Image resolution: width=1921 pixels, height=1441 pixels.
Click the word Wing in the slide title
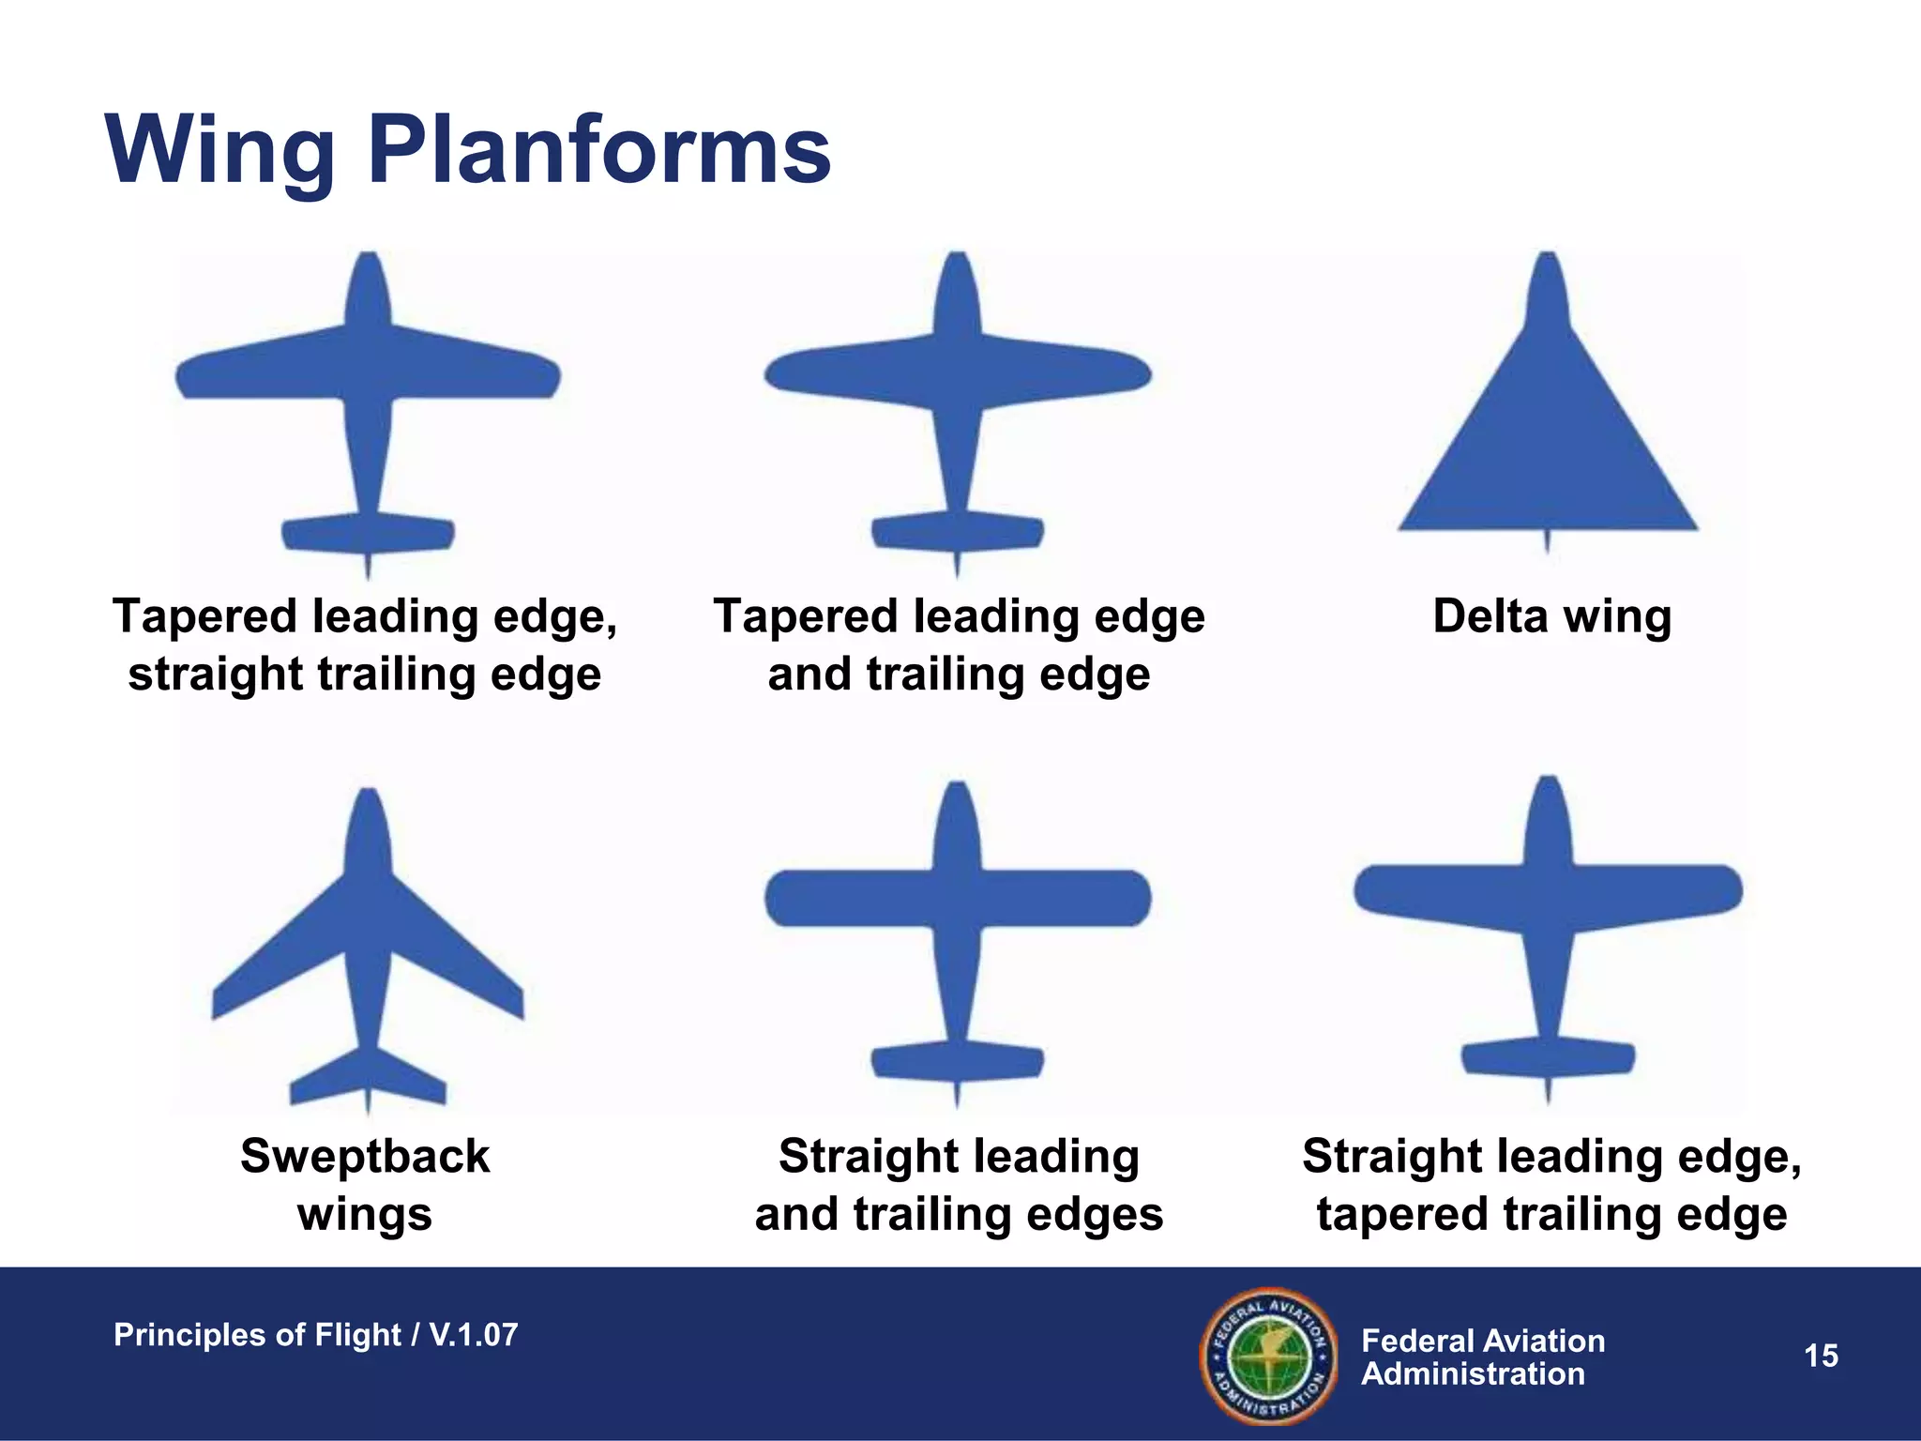coord(220,150)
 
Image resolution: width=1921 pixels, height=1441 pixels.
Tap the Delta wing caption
coord(1551,616)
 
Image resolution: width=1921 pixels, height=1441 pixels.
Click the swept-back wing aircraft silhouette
coord(368,948)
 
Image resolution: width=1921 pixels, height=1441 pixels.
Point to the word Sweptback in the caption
coord(365,1156)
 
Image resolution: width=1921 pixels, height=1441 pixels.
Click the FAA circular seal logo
coord(1267,1356)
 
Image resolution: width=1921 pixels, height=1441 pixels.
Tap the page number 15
coord(1821,1356)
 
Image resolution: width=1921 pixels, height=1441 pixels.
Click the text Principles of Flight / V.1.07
coord(315,1335)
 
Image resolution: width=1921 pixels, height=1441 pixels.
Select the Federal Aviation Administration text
coord(1482,1357)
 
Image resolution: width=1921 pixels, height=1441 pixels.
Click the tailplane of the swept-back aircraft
coord(368,1079)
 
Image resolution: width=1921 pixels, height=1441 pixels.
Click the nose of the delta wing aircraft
coord(1548,281)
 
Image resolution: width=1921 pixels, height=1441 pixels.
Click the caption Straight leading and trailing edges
coord(959,1184)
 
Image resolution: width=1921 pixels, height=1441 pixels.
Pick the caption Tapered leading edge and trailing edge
coord(959,645)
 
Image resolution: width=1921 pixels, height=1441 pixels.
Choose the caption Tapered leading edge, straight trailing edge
coord(365,645)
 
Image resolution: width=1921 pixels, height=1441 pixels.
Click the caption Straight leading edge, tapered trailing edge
coord(1551,1184)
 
